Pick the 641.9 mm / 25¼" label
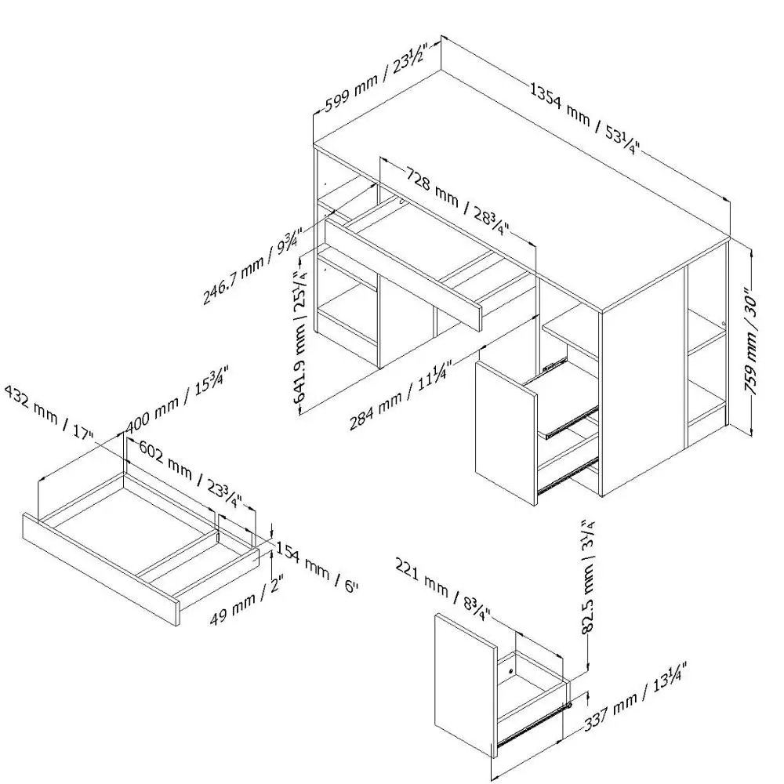pyautogui.click(x=300, y=338)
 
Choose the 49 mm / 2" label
pyautogui.click(x=246, y=601)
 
